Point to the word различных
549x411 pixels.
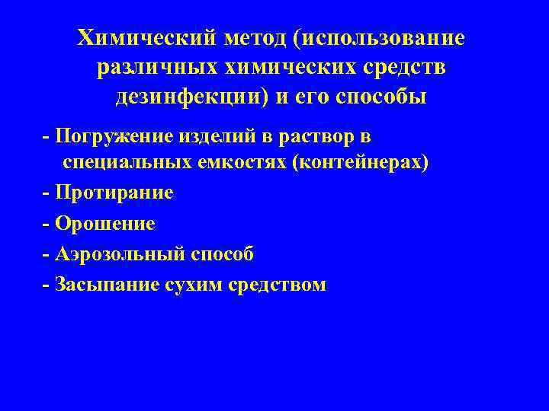(157, 68)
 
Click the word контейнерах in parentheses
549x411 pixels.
(367, 163)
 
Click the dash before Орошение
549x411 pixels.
(47, 223)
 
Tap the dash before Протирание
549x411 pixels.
(47, 193)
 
